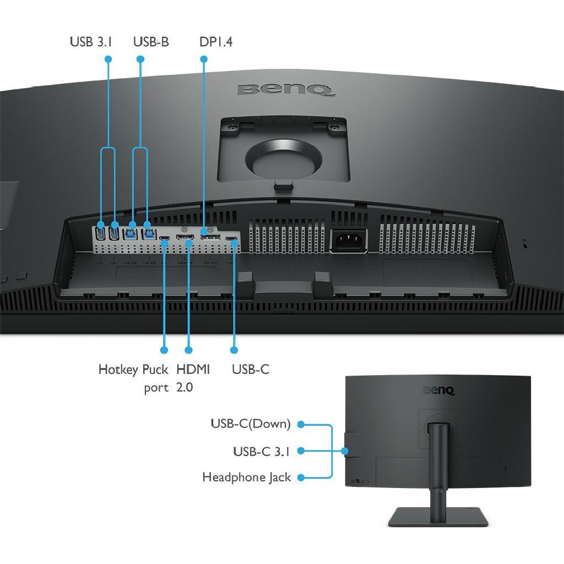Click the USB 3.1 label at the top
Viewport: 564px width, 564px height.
[91, 42]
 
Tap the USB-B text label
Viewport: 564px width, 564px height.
[151, 42]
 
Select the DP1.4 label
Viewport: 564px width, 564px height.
[216, 42]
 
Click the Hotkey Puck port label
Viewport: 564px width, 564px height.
[133, 378]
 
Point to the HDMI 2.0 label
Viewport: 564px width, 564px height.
[193, 378]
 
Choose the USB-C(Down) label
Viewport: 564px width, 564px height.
[251, 424]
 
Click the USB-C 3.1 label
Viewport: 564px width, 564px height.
[262, 452]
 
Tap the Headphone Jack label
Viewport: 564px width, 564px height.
[246, 478]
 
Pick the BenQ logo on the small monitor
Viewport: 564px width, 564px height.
[438, 391]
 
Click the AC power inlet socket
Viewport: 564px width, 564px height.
[349, 240]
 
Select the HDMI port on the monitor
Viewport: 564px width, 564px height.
[185, 237]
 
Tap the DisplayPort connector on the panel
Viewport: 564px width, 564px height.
[210, 237]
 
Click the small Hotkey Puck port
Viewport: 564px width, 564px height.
[164, 238]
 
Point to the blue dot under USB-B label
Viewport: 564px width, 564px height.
[140, 59]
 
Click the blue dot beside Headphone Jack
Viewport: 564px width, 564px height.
[301, 478]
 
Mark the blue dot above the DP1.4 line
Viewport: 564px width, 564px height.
[204, 59]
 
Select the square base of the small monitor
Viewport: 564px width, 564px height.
[438, 517]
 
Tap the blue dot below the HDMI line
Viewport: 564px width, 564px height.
[188, 350]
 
